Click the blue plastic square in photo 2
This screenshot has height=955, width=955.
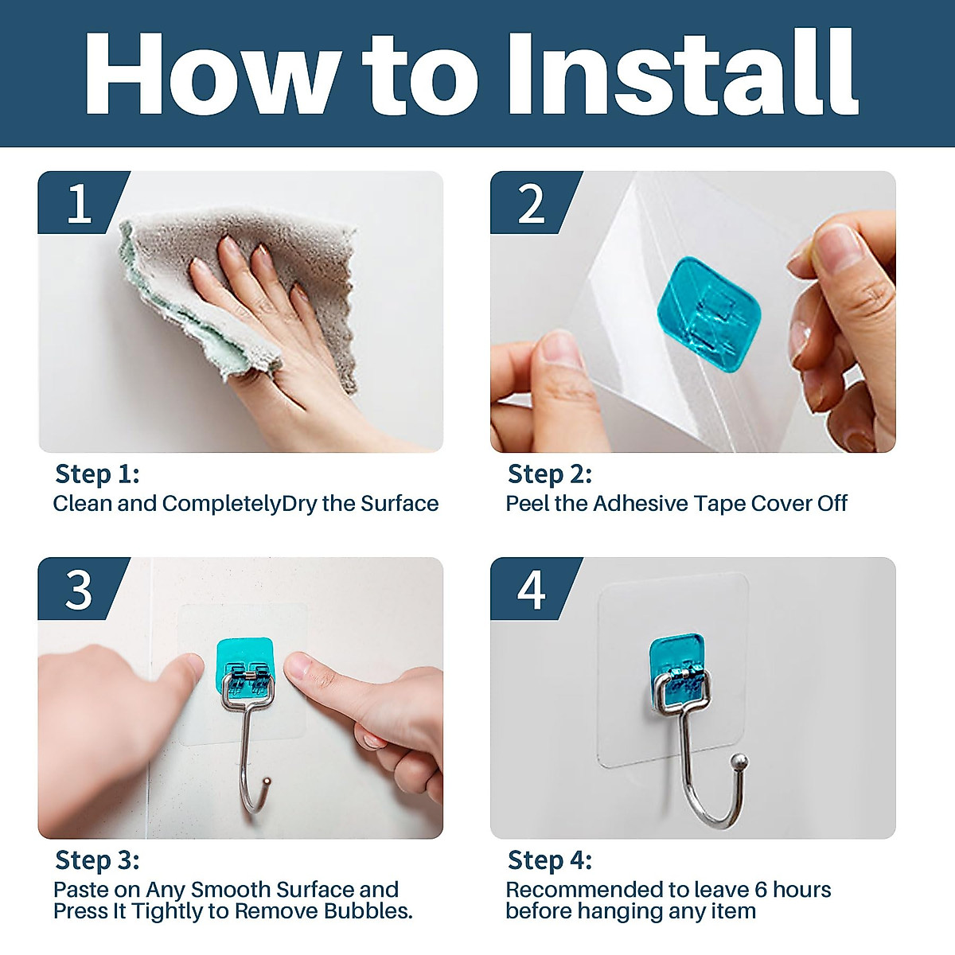[709, 314]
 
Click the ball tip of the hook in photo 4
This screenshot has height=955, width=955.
[740, 760]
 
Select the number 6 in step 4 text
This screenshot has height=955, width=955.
[761, 890]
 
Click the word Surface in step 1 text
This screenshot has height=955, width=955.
[400, 503]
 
